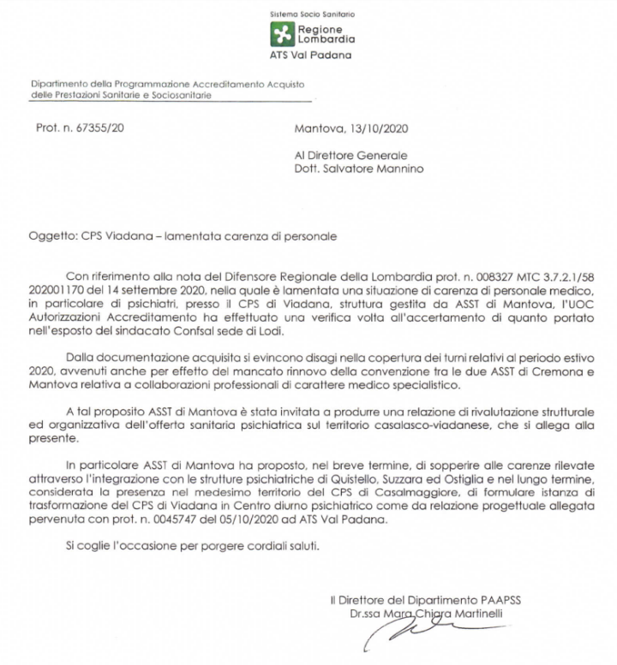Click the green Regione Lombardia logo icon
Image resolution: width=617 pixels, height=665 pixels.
point(281,33)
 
